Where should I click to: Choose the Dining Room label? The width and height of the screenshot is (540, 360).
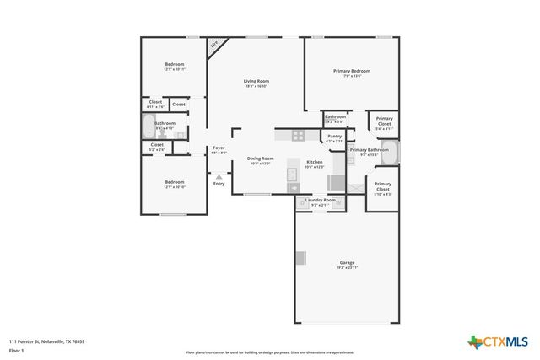coord(260,159)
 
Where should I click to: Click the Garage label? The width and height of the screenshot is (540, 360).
coord(347,262)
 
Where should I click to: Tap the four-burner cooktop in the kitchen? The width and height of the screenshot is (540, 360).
coord(299,135)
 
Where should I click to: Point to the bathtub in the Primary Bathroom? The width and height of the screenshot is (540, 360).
coord(395,152)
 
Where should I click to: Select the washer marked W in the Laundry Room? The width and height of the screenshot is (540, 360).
coord(301,202)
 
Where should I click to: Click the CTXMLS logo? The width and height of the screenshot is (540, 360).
coord(499,341)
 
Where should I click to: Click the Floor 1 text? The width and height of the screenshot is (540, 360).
coord(15,349)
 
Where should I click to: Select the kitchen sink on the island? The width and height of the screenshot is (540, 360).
coord(292,175)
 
